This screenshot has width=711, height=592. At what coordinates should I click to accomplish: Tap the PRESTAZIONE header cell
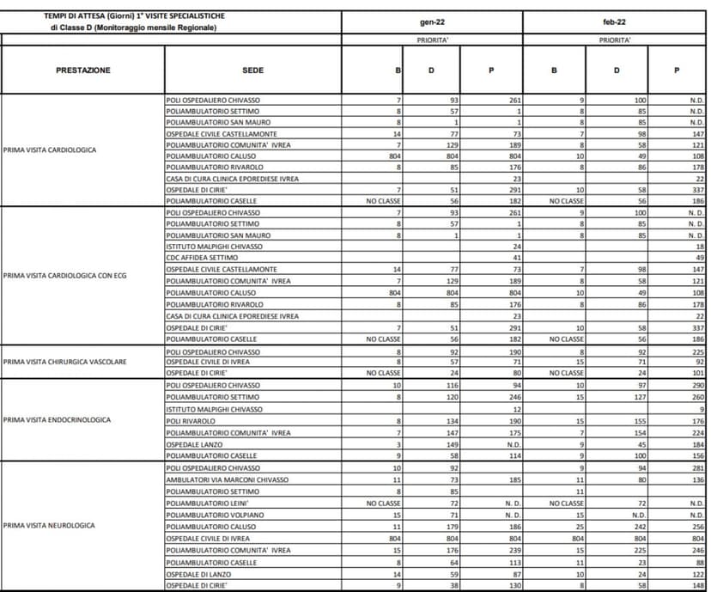tap(83, 70)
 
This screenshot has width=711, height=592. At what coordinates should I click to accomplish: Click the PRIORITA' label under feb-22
tap(616, 40)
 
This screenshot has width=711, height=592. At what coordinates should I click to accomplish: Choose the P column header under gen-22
tap(490, 70)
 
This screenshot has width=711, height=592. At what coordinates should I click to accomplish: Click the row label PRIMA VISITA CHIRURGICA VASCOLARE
tap(65, 362)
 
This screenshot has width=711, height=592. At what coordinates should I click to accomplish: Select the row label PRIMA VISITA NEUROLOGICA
tap(50, 525)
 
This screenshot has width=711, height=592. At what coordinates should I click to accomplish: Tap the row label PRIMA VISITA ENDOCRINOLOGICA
tap(57, 420)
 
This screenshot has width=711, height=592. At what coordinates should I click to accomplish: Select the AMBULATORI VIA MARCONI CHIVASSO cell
tap(227, 479)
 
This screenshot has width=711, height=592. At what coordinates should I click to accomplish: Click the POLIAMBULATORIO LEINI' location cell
tap(207, 502)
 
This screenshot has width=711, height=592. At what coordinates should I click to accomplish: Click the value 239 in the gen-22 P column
tap(514, 549)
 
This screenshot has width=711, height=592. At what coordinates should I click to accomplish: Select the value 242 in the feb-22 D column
tap(638, 526)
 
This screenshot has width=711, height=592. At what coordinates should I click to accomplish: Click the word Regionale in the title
tap(197, 27)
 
